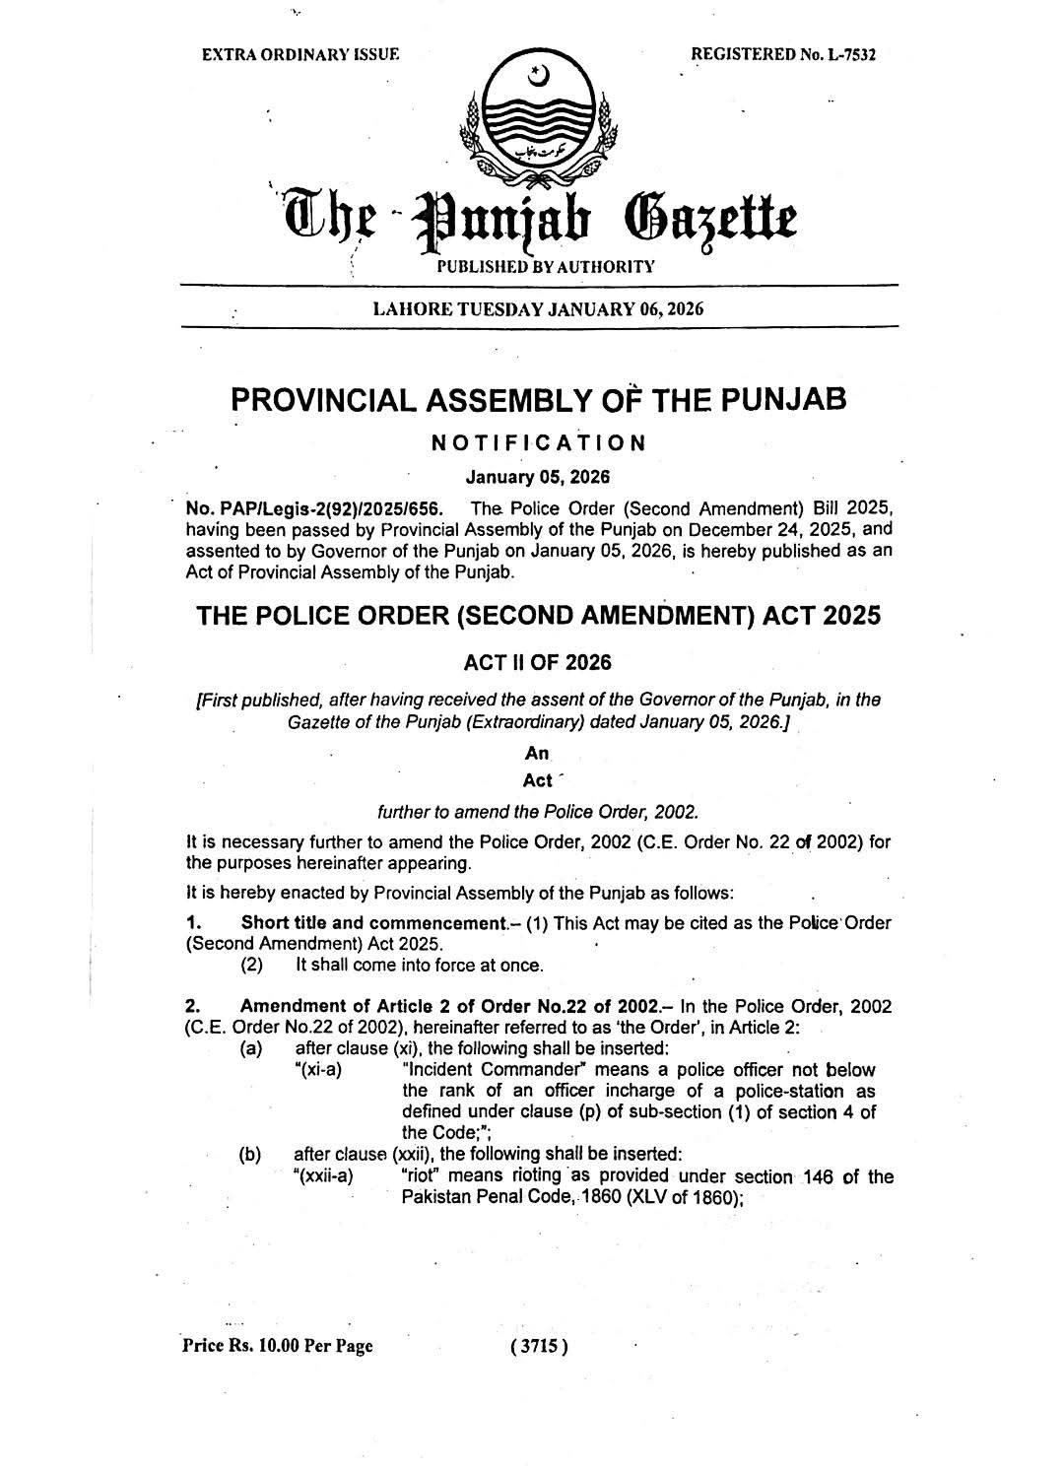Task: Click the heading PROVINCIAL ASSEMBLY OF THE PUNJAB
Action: tap(538, 400)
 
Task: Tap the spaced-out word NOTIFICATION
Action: tap(538, 442)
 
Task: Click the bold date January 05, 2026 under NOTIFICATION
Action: tap(538, 477)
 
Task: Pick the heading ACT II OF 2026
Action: tap(538, 663)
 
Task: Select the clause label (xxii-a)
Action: tap(323, 1176)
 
